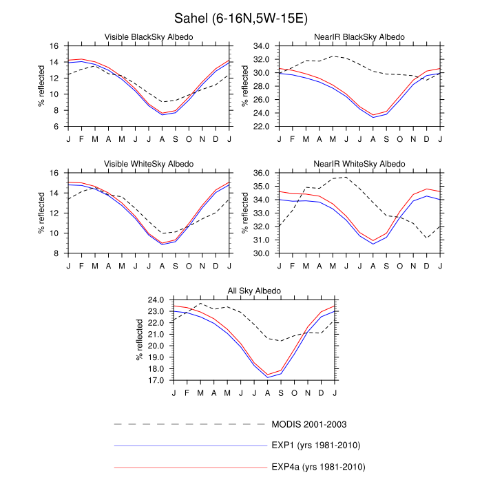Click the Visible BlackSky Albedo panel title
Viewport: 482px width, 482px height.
coord(148,36)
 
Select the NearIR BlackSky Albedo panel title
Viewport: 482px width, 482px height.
coord(359,36)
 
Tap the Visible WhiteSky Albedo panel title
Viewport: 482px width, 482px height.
coord(148,163)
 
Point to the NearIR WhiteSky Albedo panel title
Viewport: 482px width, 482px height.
coord(359,163)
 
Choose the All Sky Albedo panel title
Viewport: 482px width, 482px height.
coord(254,291)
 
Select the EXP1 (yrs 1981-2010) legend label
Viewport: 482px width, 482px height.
coord(315,446)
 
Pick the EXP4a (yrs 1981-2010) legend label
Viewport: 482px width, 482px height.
coord(317,468)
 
